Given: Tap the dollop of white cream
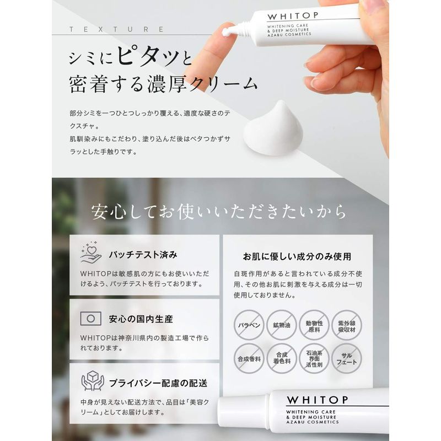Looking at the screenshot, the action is tap(273, 129).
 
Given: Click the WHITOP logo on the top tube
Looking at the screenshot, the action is tap(293, 17).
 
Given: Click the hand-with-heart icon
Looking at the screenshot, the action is tap(91, 252).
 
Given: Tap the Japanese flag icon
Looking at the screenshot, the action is tap(90, 319).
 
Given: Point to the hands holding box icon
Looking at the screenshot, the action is tap(93, 380).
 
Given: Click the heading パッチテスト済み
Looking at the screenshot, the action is tap(143, 255).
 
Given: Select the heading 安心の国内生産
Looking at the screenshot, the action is tap(141, 319).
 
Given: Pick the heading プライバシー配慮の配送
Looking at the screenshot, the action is tap(158, 383).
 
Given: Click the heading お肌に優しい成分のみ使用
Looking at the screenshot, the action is tap(297, 256).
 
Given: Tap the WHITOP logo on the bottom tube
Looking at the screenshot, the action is tap(318, 400).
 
